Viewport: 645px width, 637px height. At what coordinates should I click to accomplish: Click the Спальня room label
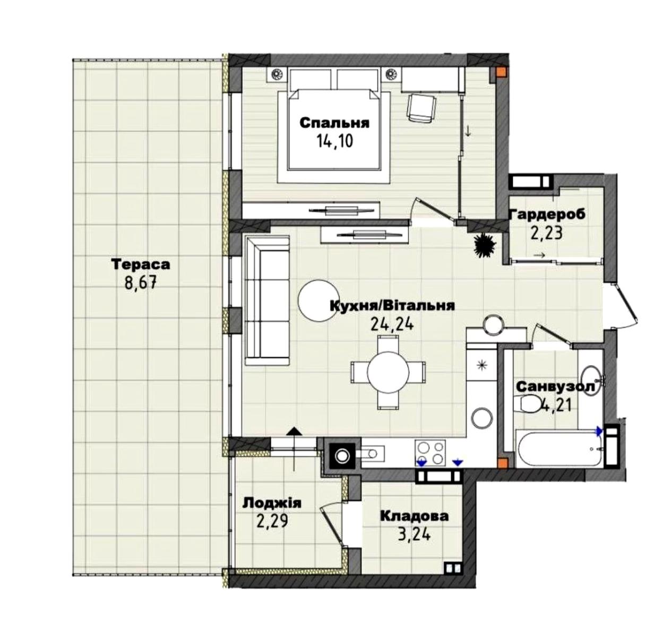click(x=334, y=124)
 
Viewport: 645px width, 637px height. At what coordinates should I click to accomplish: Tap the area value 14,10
click(x=334, y=142)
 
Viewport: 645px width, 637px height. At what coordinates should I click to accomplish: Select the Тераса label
click(x=141, y=265)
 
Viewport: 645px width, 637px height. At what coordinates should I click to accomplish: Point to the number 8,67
click(x=141, y=284)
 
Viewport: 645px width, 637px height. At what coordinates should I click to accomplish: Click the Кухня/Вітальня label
click(x=392, y=306)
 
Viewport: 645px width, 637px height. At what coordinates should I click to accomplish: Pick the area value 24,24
click(x=392, y=324)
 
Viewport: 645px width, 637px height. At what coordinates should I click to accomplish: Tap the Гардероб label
click(x=547, y=214)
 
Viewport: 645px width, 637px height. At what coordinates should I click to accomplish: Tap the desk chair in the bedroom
click(x=422, y=108)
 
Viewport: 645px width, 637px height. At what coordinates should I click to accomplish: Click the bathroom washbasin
click(x=594, y=377)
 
